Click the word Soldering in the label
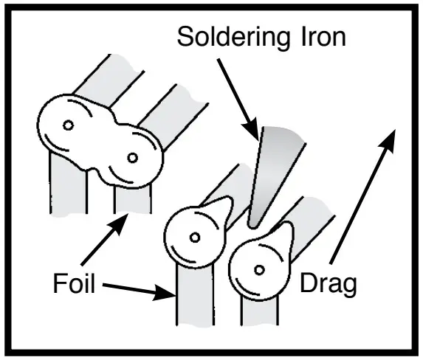(226, 37)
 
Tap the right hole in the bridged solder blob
(133, 157)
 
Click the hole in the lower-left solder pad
(195, 238)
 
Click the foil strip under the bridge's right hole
(132, 195)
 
